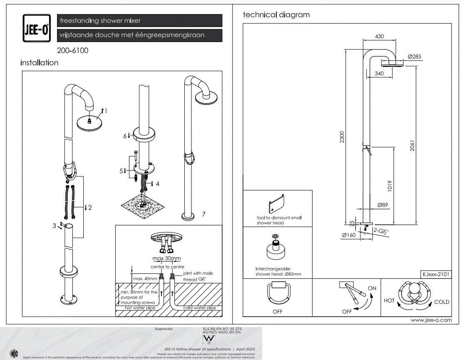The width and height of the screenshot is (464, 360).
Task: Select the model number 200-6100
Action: coord(73,51)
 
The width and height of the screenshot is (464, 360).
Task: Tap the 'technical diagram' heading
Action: coord(276,15)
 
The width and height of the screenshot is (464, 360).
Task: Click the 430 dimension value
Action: coord(380,37)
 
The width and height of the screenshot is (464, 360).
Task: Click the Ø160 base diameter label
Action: coord(348,235)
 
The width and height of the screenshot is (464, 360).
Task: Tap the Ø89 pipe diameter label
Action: coord(383,205)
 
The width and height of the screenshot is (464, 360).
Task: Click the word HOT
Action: coord(389,300)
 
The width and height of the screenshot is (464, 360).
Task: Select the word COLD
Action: coord(442,302)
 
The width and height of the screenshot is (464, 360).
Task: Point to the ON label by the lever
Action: coord(372,288)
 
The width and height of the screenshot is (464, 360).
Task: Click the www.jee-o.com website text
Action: coord(431,320)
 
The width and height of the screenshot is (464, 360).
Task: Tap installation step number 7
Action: coord(203,214)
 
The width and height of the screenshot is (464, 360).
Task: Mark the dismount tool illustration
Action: coord(277,203)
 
